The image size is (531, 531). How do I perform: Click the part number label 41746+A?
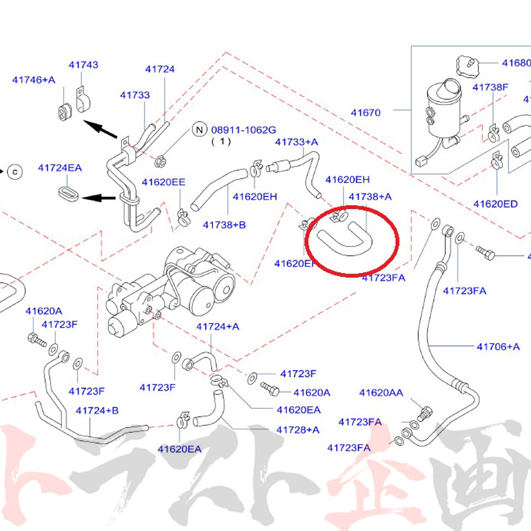pyautogui.click(x=33, y=80)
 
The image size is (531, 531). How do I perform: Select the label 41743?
pyautogui.click(x=83, y=65)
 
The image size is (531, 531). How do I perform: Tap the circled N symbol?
pyautogui.click(x=199, y=129)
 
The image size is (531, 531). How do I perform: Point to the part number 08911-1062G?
pyautogui.click(x=244, y=130)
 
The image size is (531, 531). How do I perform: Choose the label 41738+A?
pyautogui.click(x=370, y=196)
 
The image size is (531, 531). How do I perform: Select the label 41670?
pyautogui.click(x=365, y=113)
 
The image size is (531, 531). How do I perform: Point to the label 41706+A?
pyautogui.click(x=498, y=347)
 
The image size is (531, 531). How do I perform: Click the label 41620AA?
pyautogui.click(x=381, y=393)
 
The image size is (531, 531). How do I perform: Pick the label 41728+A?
pyautogui.click(x=298, y=430)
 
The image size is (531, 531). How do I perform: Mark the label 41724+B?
pyautogui.click(x=97, y=410)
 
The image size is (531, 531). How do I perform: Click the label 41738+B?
pyautogui.click(x=224, y=225)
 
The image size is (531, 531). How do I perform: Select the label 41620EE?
pyautogui.click(x=163, y=182)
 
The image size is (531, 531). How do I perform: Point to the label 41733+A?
pyautogui.click(x=296, y=142)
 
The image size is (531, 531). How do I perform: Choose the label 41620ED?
pyautogui.click(x=495, y=204)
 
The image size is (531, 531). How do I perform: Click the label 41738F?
pyautogui.click(x=491, y=87)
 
